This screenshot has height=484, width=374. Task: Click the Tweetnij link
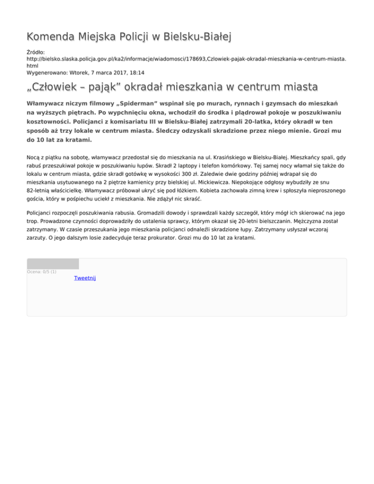tap(85, 278)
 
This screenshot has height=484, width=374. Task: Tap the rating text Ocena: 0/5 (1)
tap(42, 272)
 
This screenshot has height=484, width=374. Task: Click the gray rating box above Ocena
tap(53, 264)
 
